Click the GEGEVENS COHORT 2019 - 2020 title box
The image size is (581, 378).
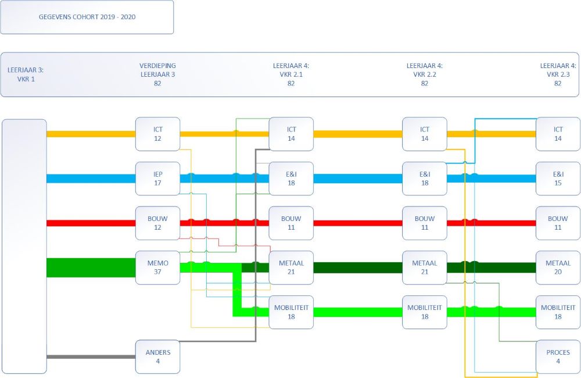pos(87,17)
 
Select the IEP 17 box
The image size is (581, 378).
pos(157,179)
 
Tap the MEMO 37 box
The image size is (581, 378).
pos(157,268)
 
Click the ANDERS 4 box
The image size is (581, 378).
pos(157,356)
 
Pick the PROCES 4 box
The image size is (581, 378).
pos(558,356)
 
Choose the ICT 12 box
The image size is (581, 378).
pos(157,134)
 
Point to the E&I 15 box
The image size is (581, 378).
pos(558,179)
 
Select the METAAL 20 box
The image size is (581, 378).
pos(558,268)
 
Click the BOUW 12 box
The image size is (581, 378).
pos(157,223)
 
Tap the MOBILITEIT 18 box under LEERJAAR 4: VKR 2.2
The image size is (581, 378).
pos(425,312)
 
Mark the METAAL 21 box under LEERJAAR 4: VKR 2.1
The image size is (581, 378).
pos(291,268)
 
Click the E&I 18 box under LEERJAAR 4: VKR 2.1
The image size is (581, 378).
pos(291,179)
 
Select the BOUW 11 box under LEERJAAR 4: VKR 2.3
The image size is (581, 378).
pos(558,223)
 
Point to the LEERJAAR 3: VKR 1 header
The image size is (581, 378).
pos(26,74)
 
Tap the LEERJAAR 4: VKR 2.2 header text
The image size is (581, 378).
pos(425,74)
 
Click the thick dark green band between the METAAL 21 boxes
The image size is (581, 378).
pos(357,268)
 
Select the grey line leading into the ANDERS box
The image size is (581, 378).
pos(91,356)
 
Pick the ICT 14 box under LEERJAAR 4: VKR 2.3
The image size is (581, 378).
pos(558,134)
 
